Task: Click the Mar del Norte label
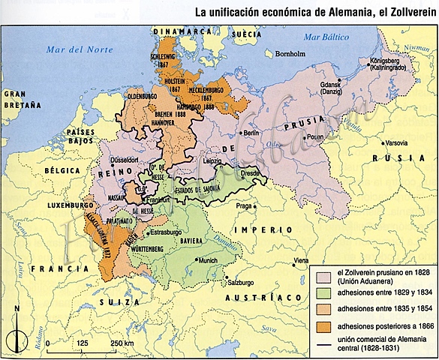73,50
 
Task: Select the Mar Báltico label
324,36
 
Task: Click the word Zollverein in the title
401,12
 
